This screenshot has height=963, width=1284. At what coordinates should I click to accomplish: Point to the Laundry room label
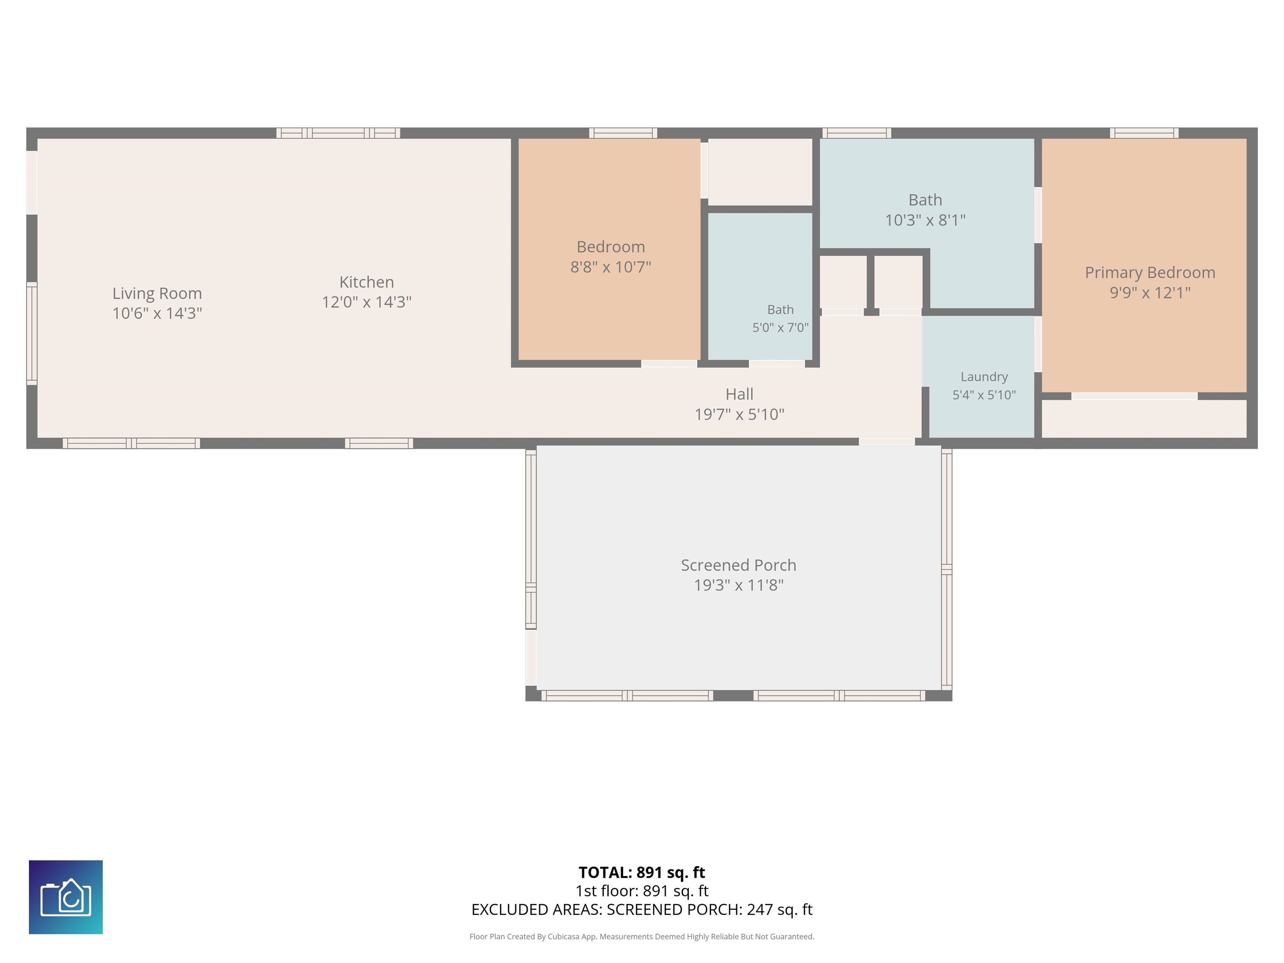(984, 377)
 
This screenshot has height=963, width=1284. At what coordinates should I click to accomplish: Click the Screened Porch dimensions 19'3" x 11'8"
(739, 585)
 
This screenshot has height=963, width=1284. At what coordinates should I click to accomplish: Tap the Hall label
(739, 394)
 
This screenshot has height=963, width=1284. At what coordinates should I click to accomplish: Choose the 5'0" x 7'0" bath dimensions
(780, 327)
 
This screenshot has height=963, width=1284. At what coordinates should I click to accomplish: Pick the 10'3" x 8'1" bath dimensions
(925, 220)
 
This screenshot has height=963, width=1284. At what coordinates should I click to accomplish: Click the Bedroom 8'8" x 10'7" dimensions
(611, 267)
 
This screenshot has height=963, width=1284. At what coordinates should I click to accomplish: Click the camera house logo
(66, 897)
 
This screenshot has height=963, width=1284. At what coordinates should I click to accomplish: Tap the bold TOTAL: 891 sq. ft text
(642, 872)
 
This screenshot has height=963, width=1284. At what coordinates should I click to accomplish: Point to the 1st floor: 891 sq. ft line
(642, 891)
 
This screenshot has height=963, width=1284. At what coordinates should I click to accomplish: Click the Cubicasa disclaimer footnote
(642, 936)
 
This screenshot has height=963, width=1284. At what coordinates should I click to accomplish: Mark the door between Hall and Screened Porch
(887, 442)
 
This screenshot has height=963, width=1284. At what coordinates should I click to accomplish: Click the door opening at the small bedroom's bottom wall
(669, 364)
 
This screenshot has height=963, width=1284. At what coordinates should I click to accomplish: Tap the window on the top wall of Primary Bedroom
(1144, 133)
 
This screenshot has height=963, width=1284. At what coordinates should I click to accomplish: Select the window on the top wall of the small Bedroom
(623, 133)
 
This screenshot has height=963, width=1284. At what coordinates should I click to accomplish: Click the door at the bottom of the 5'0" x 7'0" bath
(777, 364)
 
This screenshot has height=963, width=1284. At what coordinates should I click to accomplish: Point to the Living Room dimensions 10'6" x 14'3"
(157, 313)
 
